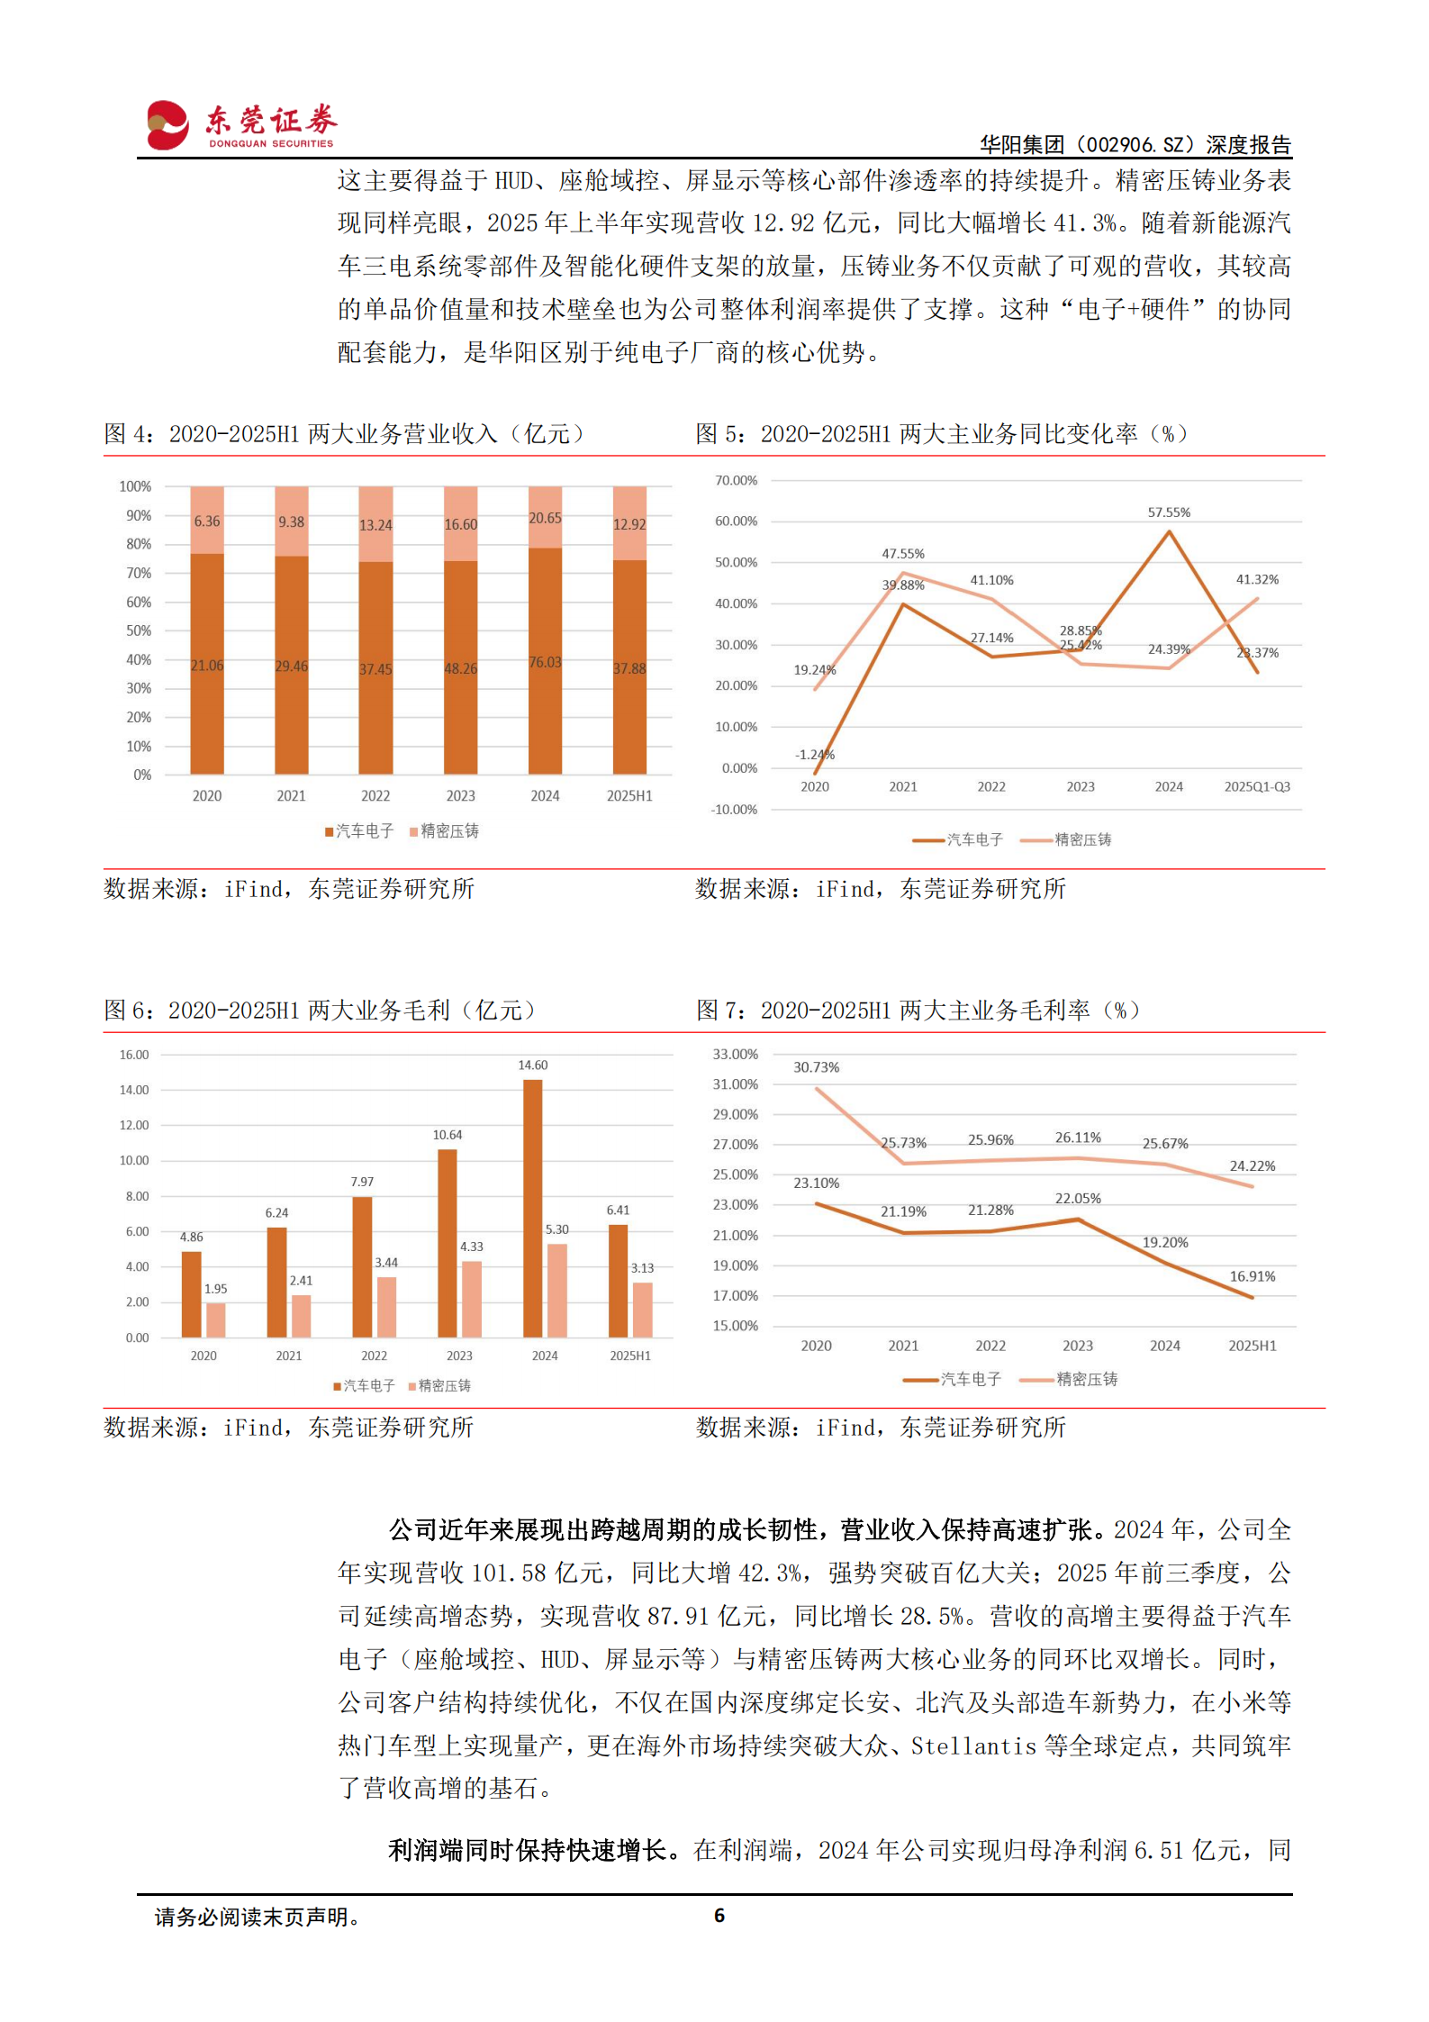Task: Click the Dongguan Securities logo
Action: [240, 124]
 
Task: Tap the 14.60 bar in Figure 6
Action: [532, 1207]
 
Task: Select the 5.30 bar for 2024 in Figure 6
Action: [557, 1290]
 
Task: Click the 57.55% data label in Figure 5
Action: [1168, 512]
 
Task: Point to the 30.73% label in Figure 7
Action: [816, 1067]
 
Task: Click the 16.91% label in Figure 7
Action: [1252, 1276]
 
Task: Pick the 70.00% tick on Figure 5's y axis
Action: [736, 481]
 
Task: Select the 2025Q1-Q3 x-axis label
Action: [1256, 787]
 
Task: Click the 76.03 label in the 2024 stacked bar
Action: [545, 662]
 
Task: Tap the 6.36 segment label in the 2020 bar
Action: [207, 521]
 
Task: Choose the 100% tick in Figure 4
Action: [135, 486]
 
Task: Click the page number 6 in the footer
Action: [719, 1916]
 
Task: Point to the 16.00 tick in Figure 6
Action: [134, 1055]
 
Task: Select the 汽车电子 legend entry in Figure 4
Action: [364, 831]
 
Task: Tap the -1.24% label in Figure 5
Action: [815, 755]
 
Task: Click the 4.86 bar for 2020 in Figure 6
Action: [192, 1293]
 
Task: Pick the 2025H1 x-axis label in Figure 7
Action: [1252, 1346]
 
